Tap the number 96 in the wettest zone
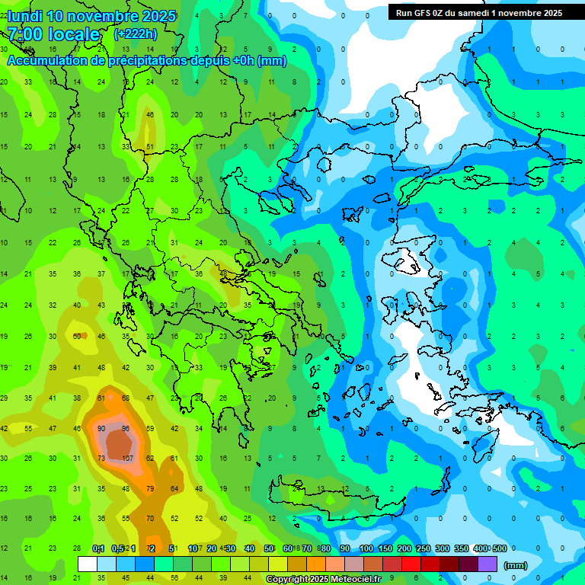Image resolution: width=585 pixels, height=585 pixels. click(x=126, y=429)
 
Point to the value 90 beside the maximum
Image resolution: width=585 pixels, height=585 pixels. click(x=101, y=429)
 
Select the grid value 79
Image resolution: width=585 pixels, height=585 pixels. click(x=150, y=489)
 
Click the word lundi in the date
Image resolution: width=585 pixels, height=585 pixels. click(x=27, y=16)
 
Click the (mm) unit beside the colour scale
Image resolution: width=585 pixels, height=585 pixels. click(x=515, y=565)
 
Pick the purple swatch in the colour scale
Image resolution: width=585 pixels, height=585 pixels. click(x=487, y=564)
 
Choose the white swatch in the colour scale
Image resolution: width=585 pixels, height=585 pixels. click(x=88, y=564)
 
